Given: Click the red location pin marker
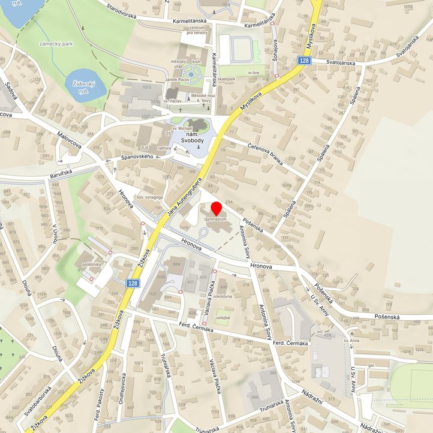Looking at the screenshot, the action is pyautogui.click(x=217, y=210).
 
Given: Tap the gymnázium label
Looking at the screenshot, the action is pyautogui.click(x=217, y=220).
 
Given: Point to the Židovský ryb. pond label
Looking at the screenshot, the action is pyautogui.click(x=82, y=88).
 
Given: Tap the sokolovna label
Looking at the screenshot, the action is pyautogui.click(x=222, y=296).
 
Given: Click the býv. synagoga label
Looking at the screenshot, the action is pyautogui.click(x=150, y=197).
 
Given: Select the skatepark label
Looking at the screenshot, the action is pyautogui.click(x=227, y=79).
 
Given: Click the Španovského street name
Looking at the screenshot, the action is pyautogui.click(x=142, y=157).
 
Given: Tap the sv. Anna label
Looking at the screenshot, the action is pyautogui.click(x=351, y=340).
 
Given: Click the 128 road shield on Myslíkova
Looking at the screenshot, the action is pyautogui.click(x=305, y=61).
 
